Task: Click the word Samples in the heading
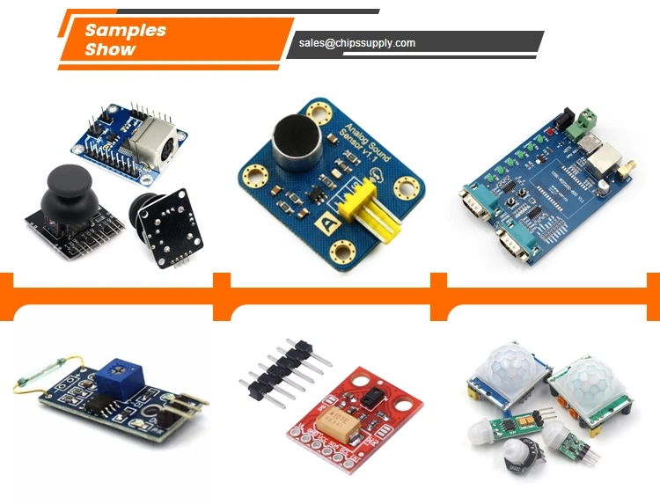[x=125, y=30]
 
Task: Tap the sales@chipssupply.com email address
[x=356, y=42]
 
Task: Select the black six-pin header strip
[x=280, y=370]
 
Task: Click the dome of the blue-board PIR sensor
[x=506, y=369]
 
